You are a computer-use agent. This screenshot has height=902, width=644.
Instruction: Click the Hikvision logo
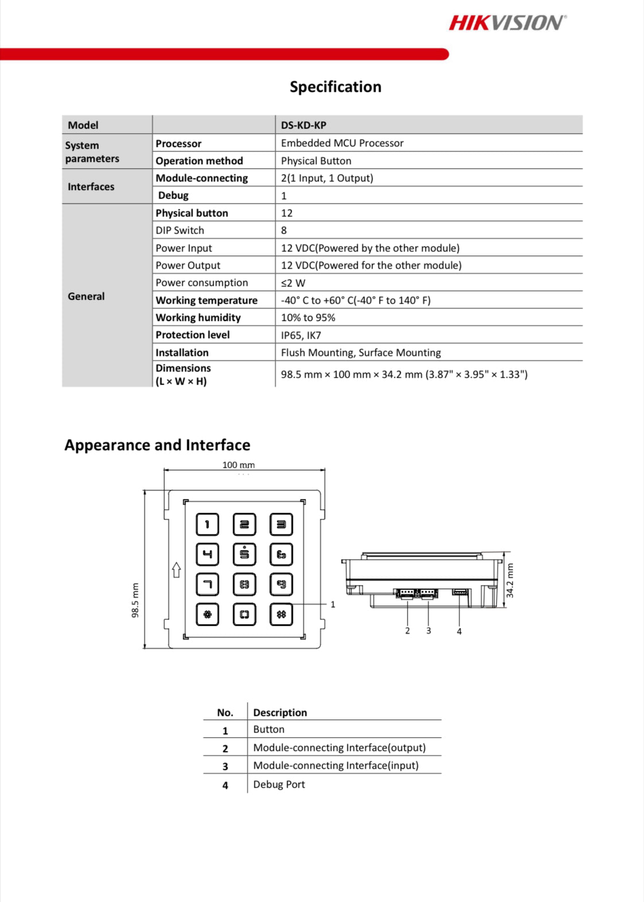[507, 22]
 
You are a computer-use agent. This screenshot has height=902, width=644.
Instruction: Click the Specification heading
[335, 87]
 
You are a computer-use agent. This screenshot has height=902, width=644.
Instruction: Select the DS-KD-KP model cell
[304, 125]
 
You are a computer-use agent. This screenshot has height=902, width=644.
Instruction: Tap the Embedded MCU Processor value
[342, 143]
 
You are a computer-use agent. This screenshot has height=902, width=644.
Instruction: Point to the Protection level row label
[192, 335]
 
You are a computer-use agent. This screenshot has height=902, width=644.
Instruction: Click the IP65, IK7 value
[301, 335]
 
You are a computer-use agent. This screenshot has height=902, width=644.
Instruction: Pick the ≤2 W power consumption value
[293, 283]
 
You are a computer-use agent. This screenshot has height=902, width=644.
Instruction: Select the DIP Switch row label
[180, 230]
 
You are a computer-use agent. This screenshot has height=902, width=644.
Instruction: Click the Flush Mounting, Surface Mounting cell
[360, 353]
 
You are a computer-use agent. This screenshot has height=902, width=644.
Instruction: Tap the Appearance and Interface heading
[157, 445]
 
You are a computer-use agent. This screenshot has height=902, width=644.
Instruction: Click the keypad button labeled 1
[207, 524]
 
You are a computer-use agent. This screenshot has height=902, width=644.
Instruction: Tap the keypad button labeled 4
[207, 554]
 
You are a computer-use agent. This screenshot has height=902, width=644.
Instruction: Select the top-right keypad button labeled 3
[281, 524]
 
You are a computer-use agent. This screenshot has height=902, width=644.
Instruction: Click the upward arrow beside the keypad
[176, 570]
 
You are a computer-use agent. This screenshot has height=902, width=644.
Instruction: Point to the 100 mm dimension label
[238, 465]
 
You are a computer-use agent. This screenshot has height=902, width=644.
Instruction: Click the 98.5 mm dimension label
[135, 601]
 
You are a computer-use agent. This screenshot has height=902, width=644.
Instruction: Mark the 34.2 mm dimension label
[510, 580]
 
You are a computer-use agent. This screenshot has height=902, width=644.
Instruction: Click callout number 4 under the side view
[459, 632]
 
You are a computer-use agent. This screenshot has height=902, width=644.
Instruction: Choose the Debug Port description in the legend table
[279, 784]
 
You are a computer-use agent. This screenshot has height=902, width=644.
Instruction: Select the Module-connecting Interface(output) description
[339, 748]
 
